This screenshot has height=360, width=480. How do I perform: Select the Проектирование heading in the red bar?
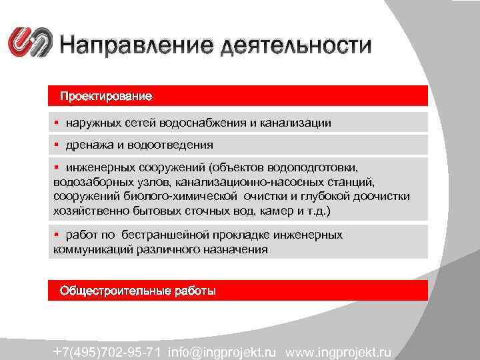pyautogui.click(x=106, y=96)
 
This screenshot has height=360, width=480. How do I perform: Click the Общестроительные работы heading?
pyautogui.click(x=138, y=291)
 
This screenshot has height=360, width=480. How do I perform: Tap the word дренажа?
pyautogui.click(x=87, y=145)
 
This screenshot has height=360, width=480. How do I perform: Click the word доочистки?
pyautogui.click(x=379, y=197)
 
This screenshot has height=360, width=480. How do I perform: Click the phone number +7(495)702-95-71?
pyautogui.click(x=108, y=351)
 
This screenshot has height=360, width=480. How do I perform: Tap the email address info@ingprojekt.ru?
pyautogui.click(x=223, y=351)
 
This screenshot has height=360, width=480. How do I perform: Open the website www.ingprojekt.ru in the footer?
pyautogui.click(x=339, y=351)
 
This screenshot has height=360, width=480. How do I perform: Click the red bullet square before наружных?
pyautogui.click(x=58, y=123)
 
